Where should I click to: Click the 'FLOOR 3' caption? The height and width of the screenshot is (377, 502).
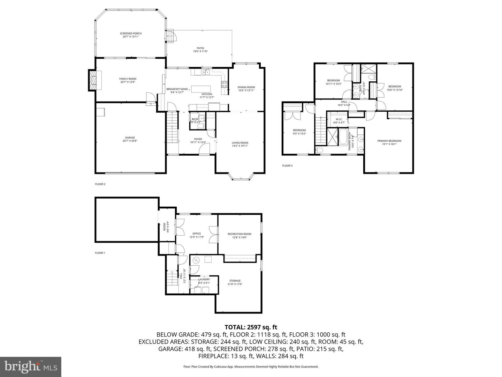[x=287, y=165]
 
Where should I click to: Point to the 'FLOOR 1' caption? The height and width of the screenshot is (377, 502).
[x=100, y=253]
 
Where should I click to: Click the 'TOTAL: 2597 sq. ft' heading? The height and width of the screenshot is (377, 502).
[x=251, y=327]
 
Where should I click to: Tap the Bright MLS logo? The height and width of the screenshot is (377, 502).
[x=31, y=367]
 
